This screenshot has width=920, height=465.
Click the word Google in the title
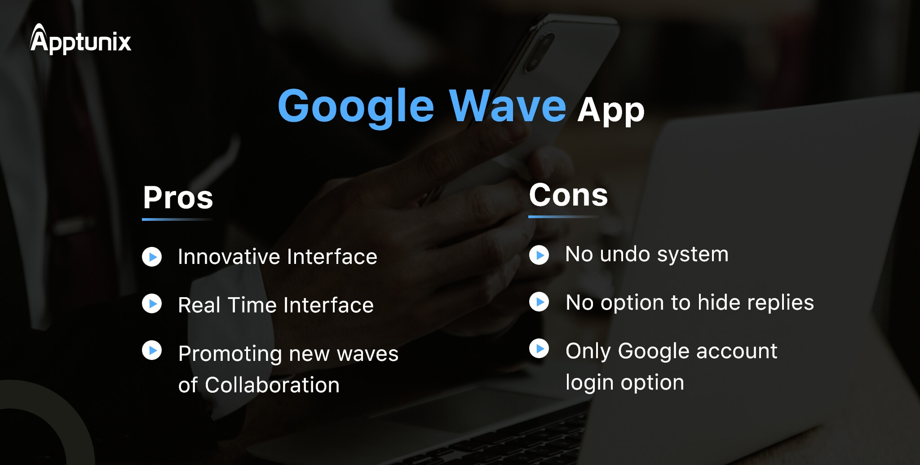(x=356, y=107)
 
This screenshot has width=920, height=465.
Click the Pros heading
(x=178, y=197)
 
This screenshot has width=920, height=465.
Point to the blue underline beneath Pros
(x=177, y=219)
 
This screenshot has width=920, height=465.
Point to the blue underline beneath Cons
(x=564, y=217)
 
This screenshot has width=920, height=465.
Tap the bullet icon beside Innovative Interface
(x=152, y=257)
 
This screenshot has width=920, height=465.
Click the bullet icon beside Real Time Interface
(x=152, y=303)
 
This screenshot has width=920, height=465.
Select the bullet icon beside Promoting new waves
(x=152, y=350)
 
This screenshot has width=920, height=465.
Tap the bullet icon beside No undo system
(x=539, y=255)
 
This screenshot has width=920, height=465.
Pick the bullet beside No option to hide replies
(x=539, y=302)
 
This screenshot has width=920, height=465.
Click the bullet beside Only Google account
(x=539, y=348)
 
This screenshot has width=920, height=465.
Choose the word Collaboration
(x=272, y=385)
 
